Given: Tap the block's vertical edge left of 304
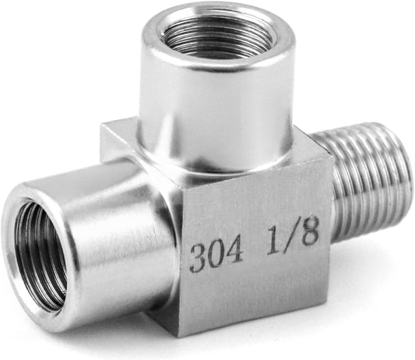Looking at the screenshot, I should pyautogui.click(x=182, y=257).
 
